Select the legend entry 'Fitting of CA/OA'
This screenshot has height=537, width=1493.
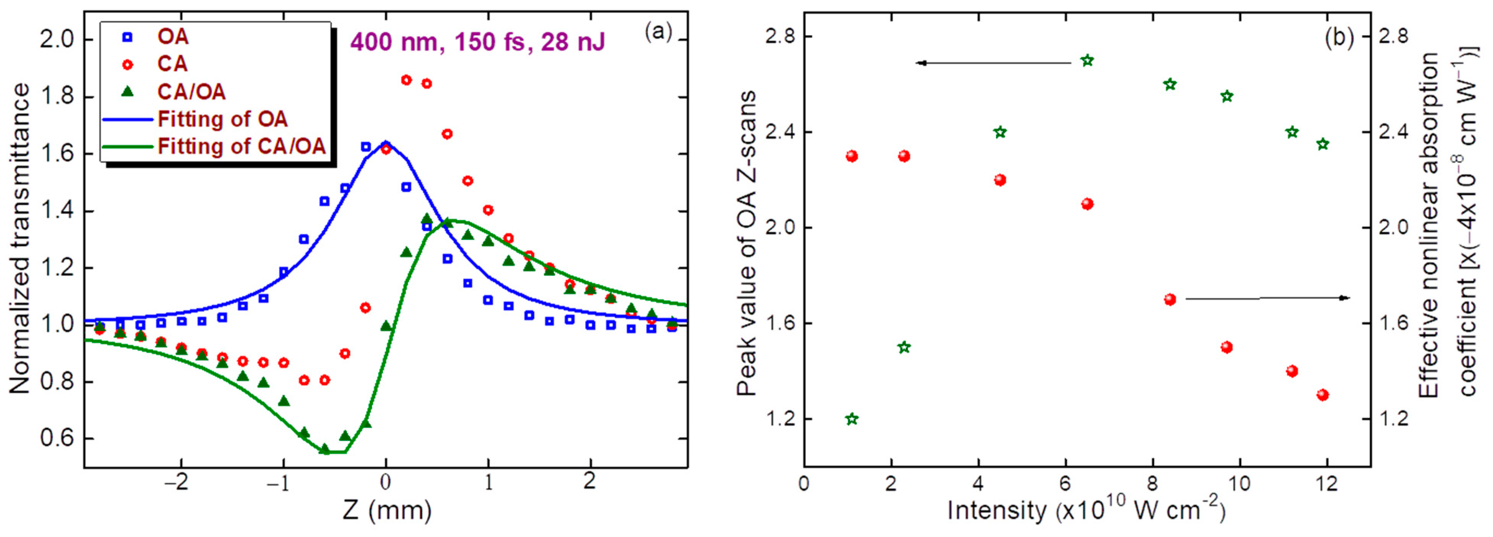point(241,146)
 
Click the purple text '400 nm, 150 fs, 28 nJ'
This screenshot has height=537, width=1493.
point(477,42)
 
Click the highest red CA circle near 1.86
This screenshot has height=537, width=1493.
point(406,80)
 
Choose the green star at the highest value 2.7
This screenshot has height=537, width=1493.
point(1087,60)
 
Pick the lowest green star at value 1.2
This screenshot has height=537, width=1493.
point(851,419)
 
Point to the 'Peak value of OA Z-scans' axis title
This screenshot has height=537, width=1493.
point(747,243)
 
